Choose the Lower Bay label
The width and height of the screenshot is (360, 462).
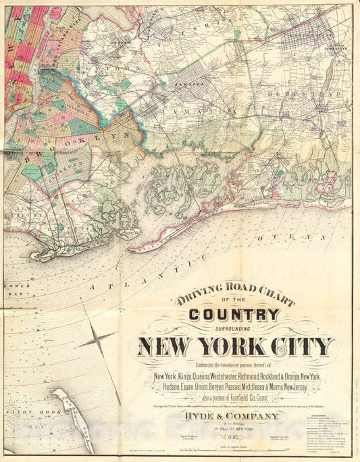pos(11,280)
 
